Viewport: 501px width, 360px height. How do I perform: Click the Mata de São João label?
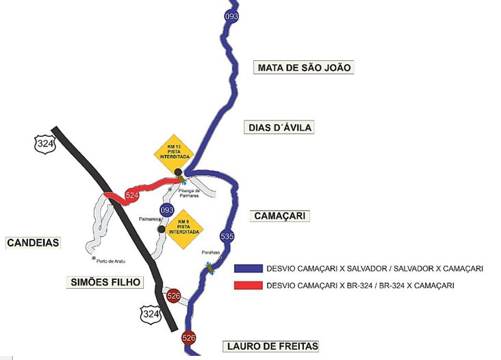click(x=303, y=67)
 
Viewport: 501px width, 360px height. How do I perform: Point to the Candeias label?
click(x=34, y=243)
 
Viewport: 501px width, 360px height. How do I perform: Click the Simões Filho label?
click(x=105, y=282)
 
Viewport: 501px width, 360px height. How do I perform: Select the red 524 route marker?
click(x=132, y=196)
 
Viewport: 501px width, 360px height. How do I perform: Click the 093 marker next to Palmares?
click(x=166, y=209)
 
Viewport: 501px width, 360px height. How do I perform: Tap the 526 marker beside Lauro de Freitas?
click(x=189, y=338)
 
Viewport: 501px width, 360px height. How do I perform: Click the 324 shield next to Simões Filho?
click(x=150, y=314)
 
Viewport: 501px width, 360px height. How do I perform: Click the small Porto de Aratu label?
click(x=112, y=261)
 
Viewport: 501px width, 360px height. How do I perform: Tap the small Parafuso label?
click(x=210, y=253)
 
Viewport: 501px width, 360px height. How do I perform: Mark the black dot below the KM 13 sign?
click(x=178, y=172)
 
